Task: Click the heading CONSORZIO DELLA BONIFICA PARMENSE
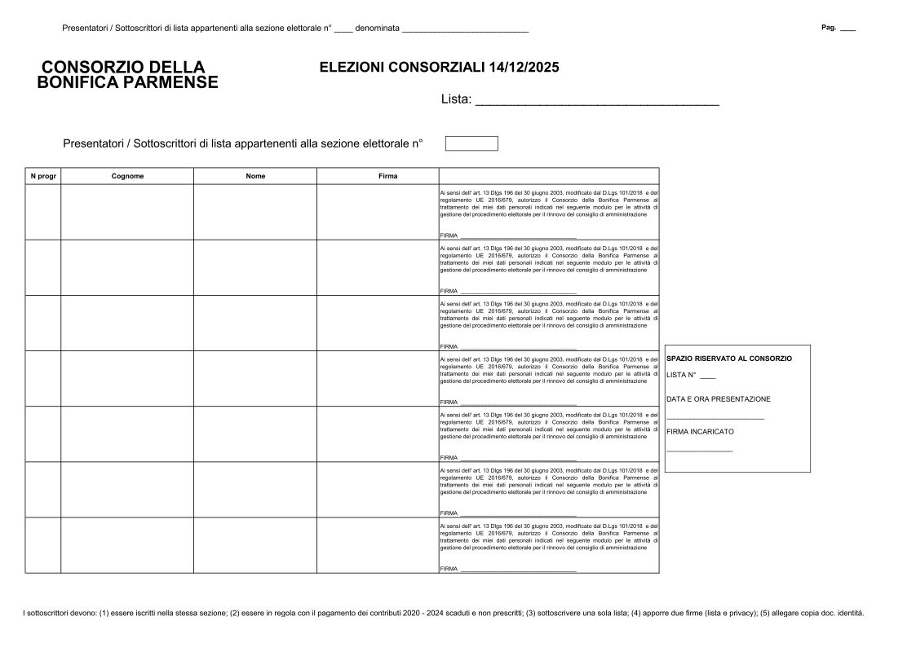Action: coord(128,74)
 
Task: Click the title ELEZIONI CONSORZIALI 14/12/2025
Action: coord(439,68)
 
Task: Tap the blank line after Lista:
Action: coord(596,101)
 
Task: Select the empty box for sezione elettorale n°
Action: coord(471,143)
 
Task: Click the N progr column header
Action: coord(43,176)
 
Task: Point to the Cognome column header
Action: coord(127,176)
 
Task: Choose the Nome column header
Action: coord(255,176)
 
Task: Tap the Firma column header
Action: coord(378,176)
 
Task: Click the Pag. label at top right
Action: coord(829,28)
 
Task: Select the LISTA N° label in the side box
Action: coord(681,376)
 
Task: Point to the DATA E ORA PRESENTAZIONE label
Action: coord(718,399)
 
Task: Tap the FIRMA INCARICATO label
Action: coord(700,431)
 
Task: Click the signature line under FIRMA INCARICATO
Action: coord(699,450)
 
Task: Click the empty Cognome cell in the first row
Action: coord(127,212)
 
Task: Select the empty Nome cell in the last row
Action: coord(255,545)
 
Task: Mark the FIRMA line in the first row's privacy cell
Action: coord(518,236)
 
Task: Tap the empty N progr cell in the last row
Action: coord(43,545)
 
